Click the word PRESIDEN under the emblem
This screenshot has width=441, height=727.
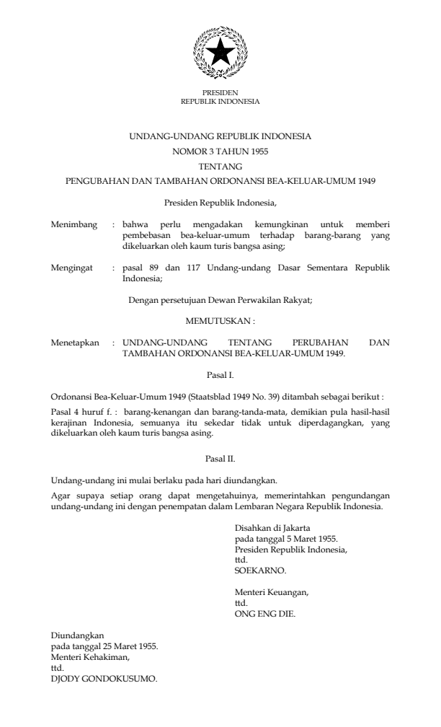point(220,93)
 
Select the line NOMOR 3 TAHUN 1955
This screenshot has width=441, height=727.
point(220,151)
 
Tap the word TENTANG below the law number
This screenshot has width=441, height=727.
point(220,165)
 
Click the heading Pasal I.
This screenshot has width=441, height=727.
point(220,375)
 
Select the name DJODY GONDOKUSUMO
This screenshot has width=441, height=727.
point(104,679)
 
